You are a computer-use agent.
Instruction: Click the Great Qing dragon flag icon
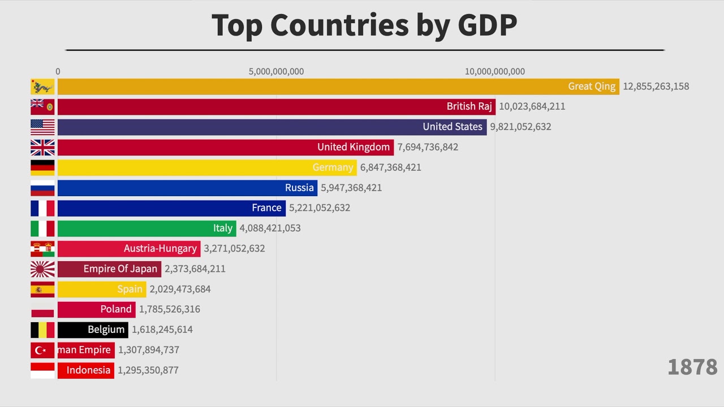click(x=42, y=86)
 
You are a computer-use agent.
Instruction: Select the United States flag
click(x=42, y=127)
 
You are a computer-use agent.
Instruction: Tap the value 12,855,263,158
click(x=656, y=86)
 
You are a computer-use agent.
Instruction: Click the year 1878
click(x=692, y=367)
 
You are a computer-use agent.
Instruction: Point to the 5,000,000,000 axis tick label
click(x=276, y=72)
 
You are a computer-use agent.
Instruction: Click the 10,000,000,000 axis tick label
click(x=494, y=72)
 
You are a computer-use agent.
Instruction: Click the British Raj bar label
click(x=469, y=106)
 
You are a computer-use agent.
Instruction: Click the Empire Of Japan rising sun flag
click(x=42, y=269)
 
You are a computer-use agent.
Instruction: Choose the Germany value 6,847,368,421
click(x=390, y=167)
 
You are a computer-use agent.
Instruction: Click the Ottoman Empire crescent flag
click(x=42, y=350)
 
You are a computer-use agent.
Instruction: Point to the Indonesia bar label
click(x=88, y=370)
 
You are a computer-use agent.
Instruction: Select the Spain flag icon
click(x=42, y=289)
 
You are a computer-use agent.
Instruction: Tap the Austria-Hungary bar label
click(x=160, y=248)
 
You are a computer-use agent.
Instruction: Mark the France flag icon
click(x=42, y=208)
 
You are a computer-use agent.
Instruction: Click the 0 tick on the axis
click(x=58, y=72)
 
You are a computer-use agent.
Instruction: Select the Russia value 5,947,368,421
click(x=351, y=188)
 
